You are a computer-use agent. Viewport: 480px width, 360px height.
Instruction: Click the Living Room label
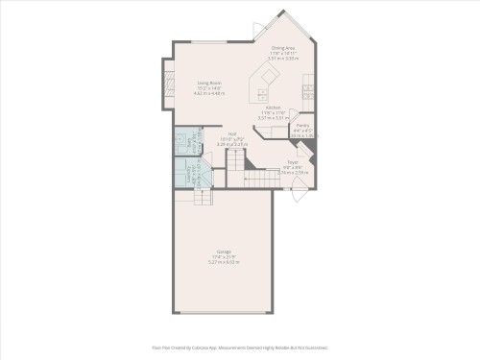click(209, 84)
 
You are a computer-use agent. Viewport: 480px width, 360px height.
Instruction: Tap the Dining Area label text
click(283, 47)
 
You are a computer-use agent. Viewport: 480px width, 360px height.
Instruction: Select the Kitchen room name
click(274, 108)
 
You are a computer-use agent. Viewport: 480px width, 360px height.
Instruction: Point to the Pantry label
click(302, 126)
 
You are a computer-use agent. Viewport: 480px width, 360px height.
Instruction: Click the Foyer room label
click(293, 162)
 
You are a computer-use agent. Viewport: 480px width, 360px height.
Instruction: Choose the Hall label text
click(232, 133)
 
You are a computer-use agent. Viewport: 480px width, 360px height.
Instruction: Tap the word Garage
click(223, 252)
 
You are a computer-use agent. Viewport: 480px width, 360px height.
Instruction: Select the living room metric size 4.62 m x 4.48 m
click(209, 94)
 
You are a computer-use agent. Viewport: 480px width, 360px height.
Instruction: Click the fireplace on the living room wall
click(168, 81)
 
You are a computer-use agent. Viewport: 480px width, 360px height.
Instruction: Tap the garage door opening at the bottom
click(223, 313)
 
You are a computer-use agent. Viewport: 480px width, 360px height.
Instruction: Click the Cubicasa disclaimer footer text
click(240, 348)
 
